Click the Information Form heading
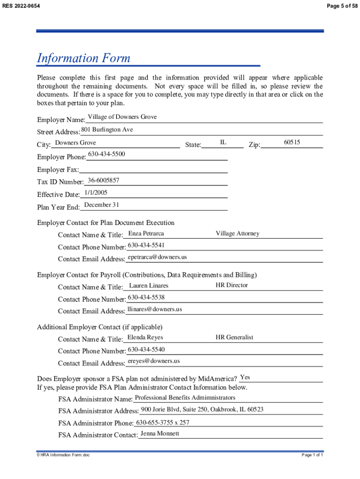(x=84, y=58)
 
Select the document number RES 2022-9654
(x=21, y=5)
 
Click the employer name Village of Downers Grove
(x=122, y=117)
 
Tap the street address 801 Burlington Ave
(x=107, y=130)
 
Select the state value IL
(x=223, y=142)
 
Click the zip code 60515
(x=292, y=142)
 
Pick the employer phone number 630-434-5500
(x=107, y=154)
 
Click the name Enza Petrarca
(x=146, y=233)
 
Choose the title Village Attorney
(x=237, y=233)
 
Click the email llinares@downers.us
(x=155, y=309)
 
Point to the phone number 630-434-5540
(x=146, y=349)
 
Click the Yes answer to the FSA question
(x=245, y=377)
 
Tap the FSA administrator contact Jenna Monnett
(x=159, y=434)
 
